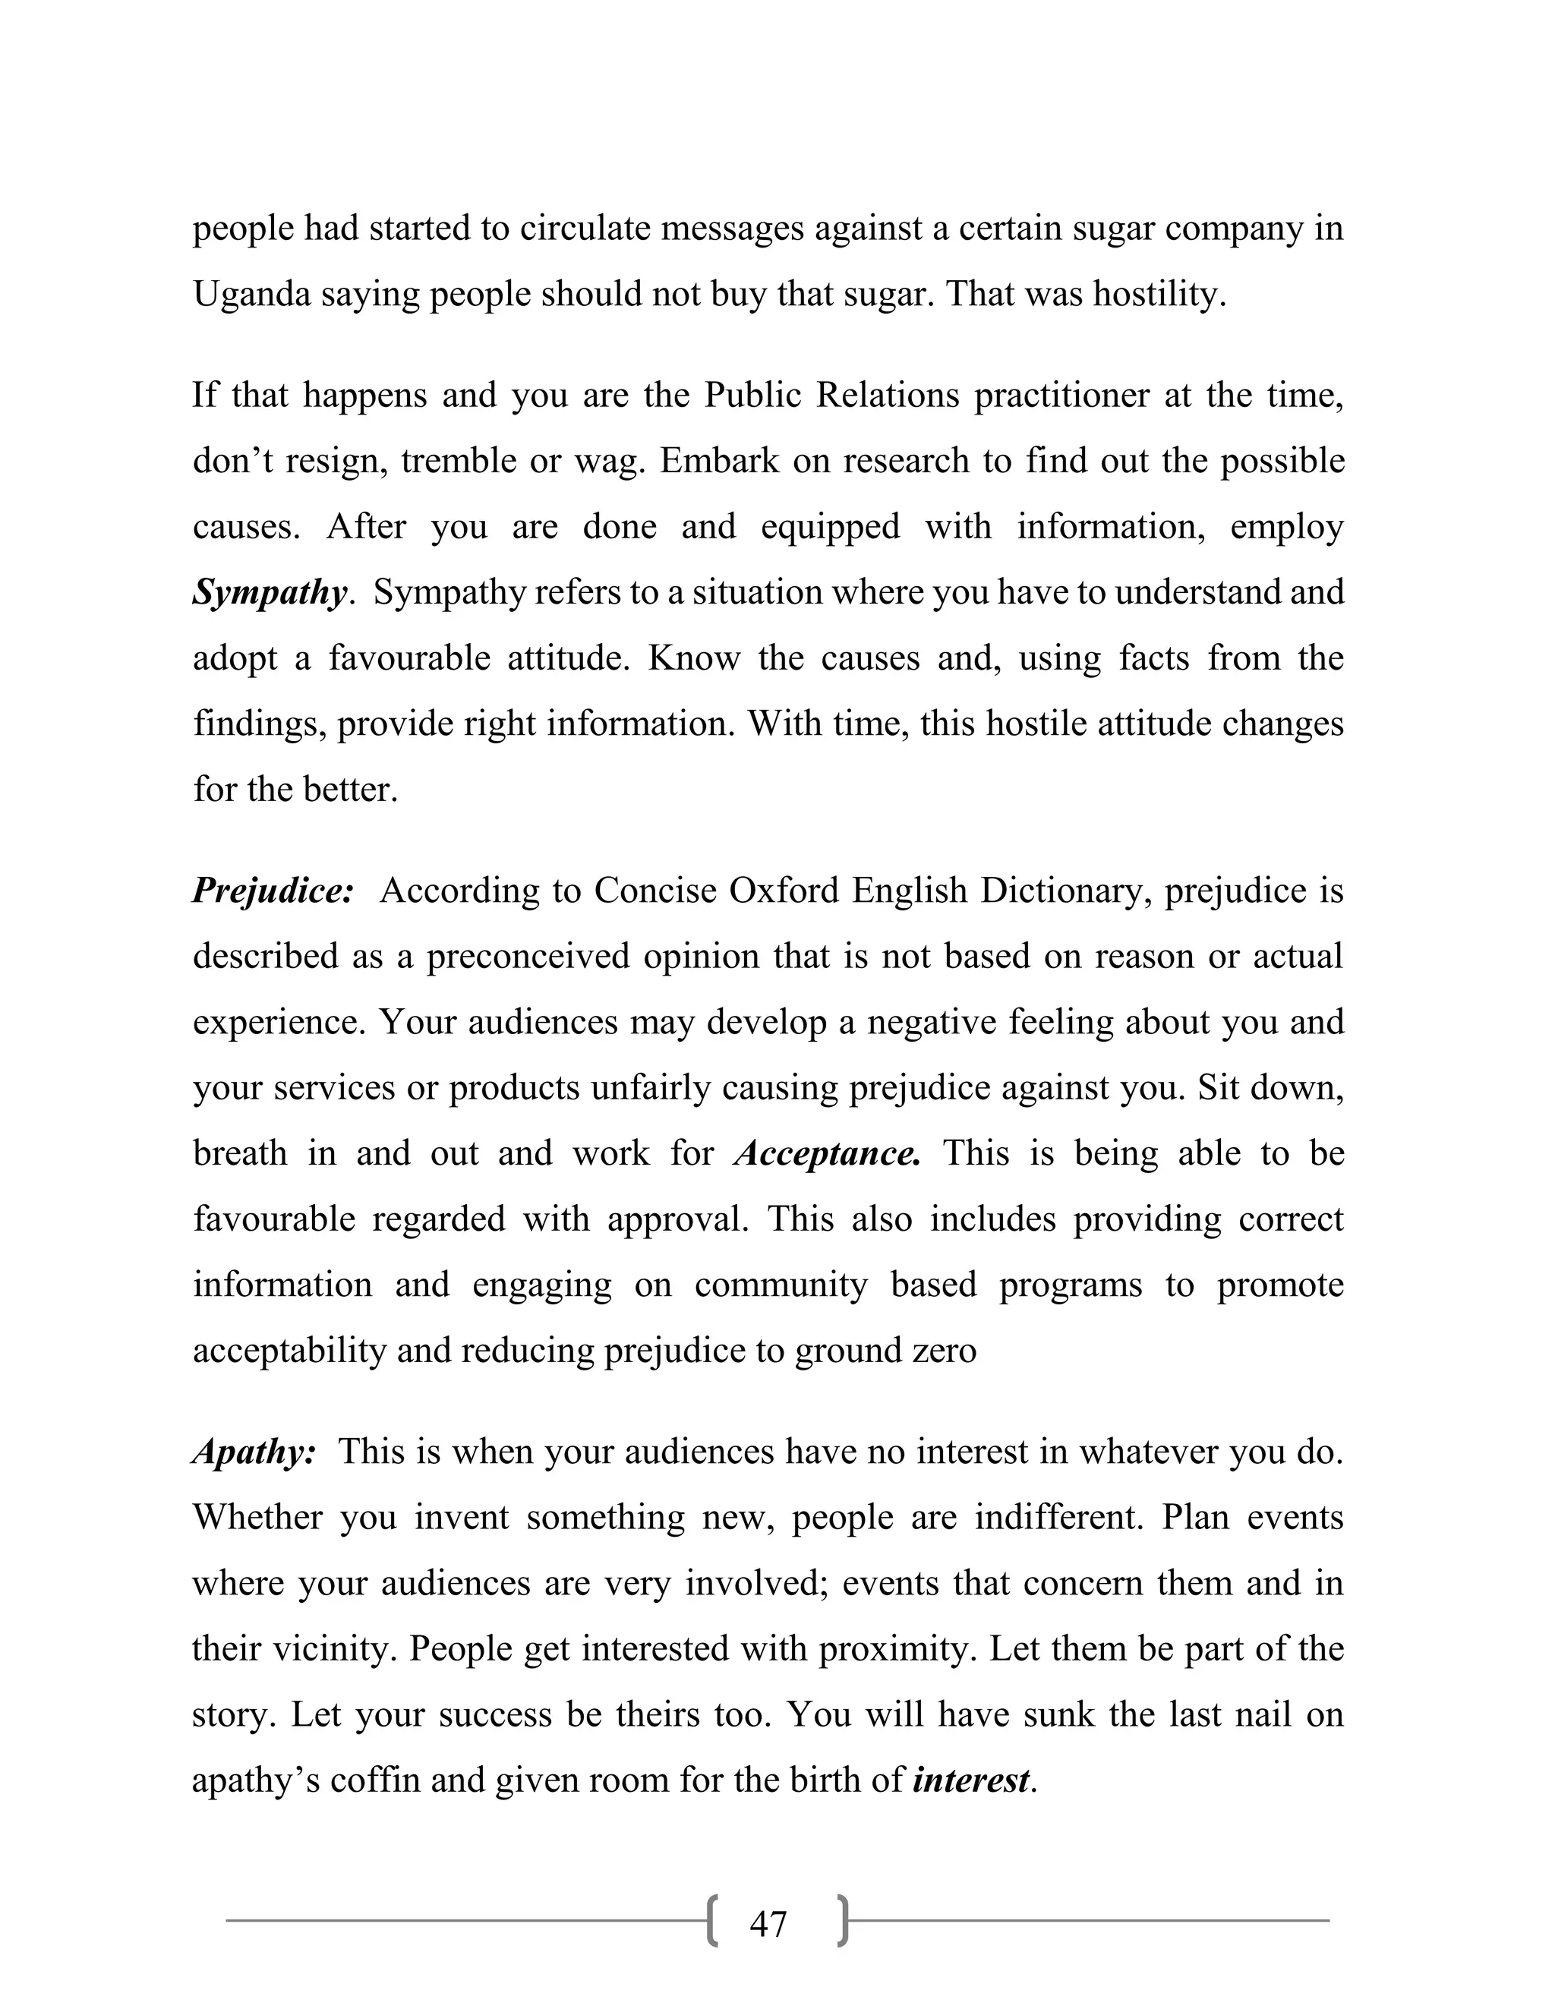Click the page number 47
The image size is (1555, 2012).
[x=768, y=1925]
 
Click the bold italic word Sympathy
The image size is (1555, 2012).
[x=270, y=592]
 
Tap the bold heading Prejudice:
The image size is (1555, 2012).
[x=273, y=891]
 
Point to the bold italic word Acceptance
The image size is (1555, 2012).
[x=828, y=1153]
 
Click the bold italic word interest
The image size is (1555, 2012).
[x=971, y=1780]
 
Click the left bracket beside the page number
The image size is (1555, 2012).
[x=712, y=1922]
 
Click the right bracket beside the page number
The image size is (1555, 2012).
[x=842, y=1922]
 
